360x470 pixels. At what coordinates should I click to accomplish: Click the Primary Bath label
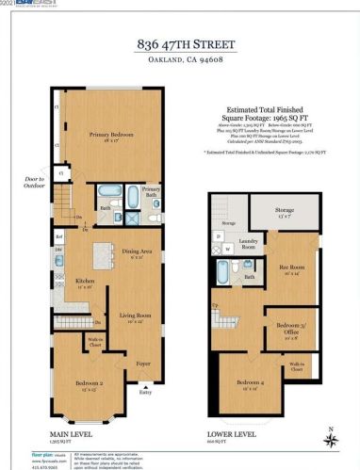tap(152, 190)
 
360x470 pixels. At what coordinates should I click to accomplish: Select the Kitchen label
tap(85, 281)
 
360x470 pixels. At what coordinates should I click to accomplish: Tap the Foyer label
tap(142, 362)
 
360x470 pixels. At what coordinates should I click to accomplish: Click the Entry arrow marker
tap(143, 388)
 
